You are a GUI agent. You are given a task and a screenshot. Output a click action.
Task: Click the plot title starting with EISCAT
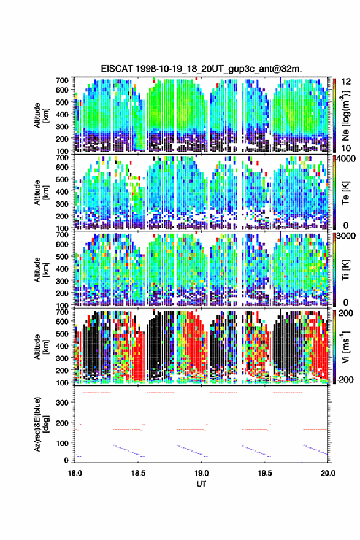(x=201, y=69)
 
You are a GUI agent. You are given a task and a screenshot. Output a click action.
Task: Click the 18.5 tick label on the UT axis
(x=138, y=473)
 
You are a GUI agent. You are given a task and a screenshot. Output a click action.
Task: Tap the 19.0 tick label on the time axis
(x=201, y=473)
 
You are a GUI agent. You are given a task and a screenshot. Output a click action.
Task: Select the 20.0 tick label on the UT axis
(x=328, y=473)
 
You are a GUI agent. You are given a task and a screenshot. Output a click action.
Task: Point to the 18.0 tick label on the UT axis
(x=75, y=473)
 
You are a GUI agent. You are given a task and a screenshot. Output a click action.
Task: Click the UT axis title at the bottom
(x=201, y=484)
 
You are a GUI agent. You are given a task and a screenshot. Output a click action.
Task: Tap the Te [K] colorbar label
(x=345, y=192)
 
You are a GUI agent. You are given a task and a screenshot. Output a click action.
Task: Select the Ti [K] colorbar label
(x=345, y=269)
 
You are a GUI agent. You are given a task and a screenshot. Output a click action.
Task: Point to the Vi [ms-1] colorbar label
(x=345, y=347)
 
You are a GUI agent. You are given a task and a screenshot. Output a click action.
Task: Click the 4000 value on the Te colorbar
(x=346, y=159)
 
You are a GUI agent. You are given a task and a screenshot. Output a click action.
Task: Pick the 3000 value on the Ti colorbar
(x=346, y=236)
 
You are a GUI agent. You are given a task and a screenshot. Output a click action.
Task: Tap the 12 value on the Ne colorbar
(x=346, y=81)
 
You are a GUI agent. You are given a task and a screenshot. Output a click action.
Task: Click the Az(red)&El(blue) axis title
(x=41, y=424)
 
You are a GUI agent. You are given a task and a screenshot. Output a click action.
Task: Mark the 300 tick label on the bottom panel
(x=62, y=403)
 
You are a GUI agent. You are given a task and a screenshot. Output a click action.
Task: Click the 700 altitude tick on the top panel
(x=62, y=80)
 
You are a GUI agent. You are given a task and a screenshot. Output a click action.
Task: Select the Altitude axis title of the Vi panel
(x=41, y=347)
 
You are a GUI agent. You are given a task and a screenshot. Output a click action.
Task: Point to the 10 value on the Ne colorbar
(x=346, y=148)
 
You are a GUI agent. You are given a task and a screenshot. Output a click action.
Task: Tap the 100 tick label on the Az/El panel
(x=62, y=443)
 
